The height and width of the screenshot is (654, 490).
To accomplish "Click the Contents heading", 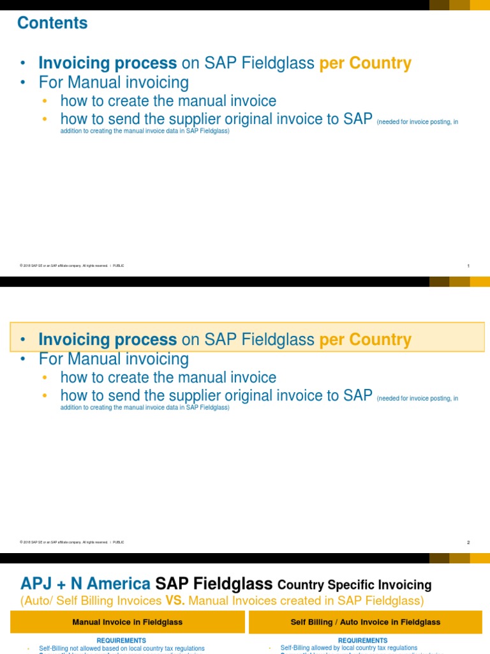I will [52, 23].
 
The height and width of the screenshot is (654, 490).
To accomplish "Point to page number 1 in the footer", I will [468, 266].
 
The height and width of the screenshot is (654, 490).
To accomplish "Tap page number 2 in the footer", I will [468, 542].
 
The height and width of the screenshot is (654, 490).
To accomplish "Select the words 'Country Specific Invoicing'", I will [355, 584].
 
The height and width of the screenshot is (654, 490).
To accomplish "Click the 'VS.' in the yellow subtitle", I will [173, 600].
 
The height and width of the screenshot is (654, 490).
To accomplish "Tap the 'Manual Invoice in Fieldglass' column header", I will [128, 622].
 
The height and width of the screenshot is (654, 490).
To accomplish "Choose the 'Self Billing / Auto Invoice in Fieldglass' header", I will [365, 622].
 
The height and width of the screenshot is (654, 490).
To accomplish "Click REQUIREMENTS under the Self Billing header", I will [362, 640].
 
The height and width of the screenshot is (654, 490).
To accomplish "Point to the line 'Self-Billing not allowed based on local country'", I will [122, 648].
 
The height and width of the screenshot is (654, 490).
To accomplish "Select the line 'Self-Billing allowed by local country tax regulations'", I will [349, 648].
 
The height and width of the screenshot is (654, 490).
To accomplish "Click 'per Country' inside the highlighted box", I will [365, 340].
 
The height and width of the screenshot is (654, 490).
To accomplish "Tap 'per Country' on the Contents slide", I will [365, 63].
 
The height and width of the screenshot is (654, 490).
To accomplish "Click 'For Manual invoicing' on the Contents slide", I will [114, 82].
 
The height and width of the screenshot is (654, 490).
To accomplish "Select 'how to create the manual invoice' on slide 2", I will [168, 377].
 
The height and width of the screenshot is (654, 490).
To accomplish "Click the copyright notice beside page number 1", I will [71, 266].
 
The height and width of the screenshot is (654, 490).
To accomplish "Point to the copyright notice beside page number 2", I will [71, 542].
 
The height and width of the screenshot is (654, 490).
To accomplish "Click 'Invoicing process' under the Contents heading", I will [107, 63].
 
